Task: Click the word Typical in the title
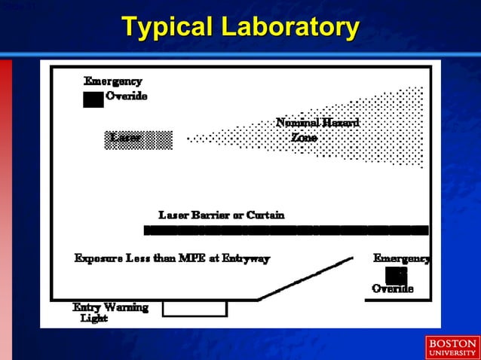click(x=167, y=28)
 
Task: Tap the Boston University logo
click(x=452, y=348)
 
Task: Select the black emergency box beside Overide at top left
click(x=93, y=99)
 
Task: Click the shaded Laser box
click(x=139, y=139)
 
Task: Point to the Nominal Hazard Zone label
click(x=317, y=130)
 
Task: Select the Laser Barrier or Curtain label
click(x=222, y=215)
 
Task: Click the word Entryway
click(x=244, y=258)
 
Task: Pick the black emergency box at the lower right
click(x=397, y=276)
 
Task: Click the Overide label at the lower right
click(x=393, y=289)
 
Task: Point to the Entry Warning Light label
click(x=109, y=313)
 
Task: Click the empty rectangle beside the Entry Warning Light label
click(x=195, y=308)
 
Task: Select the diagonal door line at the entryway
click(x=305, y=279)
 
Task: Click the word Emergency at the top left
click(x=113, y=81)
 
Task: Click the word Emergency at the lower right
click(x=402, y=258)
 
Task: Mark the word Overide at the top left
click(x=126, y=96)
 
